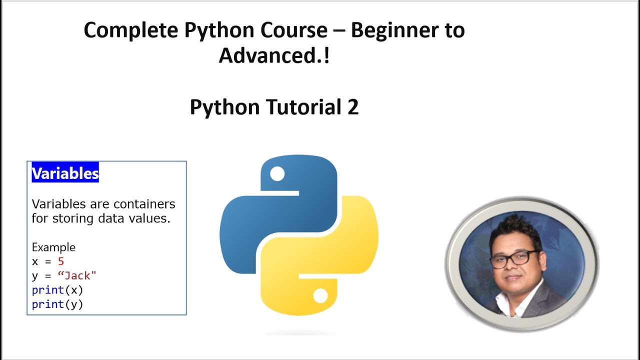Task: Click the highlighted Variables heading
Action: [65, 173]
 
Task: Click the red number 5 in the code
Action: [60, 261]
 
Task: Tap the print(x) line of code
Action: [57, 290]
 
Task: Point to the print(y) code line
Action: [57, 304]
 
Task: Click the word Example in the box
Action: [53, 247]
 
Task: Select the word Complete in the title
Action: [130, 31]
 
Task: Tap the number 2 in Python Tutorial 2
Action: [352, 107]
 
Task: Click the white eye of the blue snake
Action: [277, 174]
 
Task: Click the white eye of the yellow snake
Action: [320, 296]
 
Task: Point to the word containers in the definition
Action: [144, 204]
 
